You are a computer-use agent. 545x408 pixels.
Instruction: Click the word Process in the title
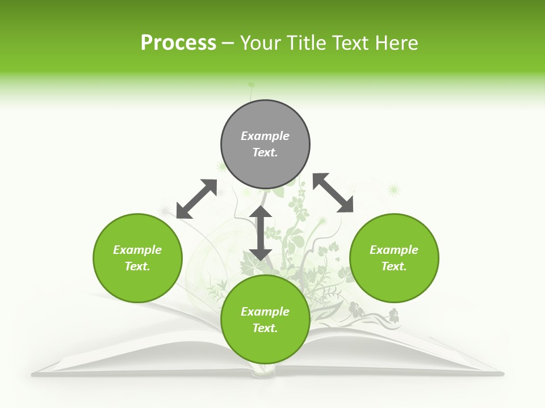178,43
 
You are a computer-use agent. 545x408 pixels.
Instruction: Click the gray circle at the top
265,144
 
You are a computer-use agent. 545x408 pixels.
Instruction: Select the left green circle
137,258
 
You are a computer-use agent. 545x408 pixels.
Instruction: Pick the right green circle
394,258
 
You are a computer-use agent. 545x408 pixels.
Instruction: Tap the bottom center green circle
265,319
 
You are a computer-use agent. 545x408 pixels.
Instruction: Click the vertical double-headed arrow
261,233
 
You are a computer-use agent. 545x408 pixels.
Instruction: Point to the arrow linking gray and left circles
197,199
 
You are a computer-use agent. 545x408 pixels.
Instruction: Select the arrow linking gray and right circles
333,193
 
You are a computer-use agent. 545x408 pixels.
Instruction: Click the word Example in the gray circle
265,136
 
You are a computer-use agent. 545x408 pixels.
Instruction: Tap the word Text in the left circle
137,266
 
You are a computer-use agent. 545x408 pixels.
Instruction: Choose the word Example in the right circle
394,250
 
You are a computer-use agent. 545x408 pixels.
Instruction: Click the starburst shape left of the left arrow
165,211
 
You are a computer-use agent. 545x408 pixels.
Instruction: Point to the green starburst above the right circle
393,189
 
